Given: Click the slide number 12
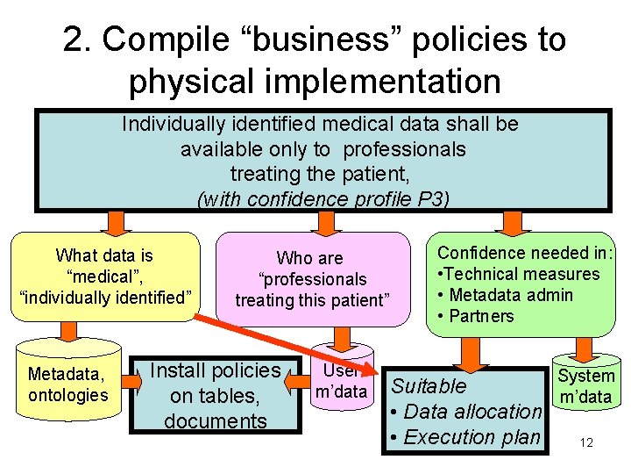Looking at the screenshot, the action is click(586, 442).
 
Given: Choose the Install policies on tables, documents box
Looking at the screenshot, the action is click(215, 395).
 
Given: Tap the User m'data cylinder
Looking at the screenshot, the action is click(340, 383).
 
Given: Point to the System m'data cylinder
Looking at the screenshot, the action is click(586, 385).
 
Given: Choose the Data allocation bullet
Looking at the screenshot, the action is click(466, 411).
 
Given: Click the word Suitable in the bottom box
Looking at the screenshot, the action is click(429, 385).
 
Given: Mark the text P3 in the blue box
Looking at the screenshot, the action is click(430, 199).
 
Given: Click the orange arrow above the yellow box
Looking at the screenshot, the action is click(114, 221).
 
